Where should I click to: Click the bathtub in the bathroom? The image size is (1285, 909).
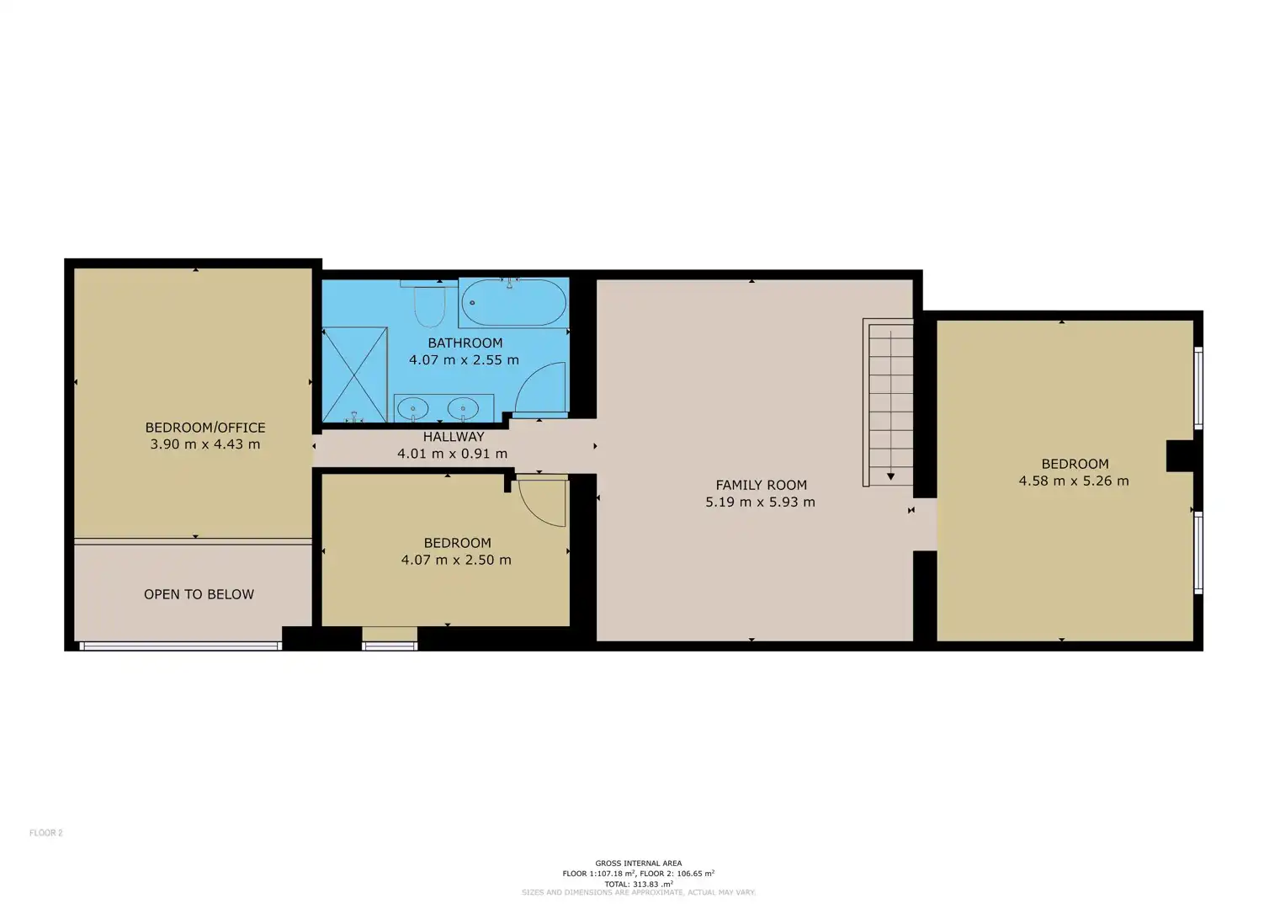pos(514,302)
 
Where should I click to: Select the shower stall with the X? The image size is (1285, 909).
pos(354,375)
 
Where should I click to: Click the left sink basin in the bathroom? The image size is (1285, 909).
pos(412,409)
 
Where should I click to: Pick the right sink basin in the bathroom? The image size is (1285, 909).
pos(463,409)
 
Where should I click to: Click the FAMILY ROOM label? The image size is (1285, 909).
pos(762,485)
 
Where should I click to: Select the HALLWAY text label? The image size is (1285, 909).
pos(454,437)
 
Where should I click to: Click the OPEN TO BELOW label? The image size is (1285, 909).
pos(199,594)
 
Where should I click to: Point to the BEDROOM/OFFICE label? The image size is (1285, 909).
pos(205,428)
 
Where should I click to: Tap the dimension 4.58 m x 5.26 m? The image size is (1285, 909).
pos(1074,481)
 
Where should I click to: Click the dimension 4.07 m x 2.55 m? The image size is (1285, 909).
pos(464,360)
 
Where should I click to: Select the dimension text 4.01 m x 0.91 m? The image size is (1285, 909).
pos(453,454)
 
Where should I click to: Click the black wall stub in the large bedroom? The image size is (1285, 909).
pos(1181,455)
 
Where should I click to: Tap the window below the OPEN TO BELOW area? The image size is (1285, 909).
pos(180,646)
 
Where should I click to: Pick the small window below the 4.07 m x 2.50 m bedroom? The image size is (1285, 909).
pos(390,646)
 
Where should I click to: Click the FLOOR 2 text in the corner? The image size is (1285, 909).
pos(46,832)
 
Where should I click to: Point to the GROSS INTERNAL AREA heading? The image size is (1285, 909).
pos(639,863)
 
